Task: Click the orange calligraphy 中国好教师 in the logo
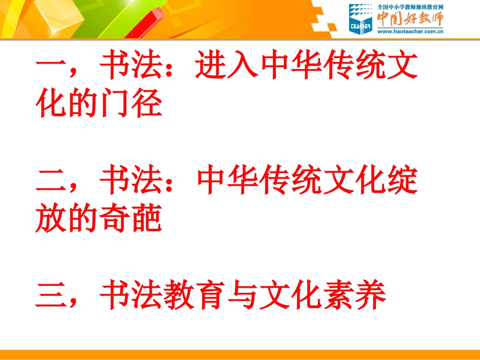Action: click(410, 19)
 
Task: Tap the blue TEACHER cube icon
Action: click(360, 19)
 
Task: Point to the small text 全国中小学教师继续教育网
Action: click(410, 7)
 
